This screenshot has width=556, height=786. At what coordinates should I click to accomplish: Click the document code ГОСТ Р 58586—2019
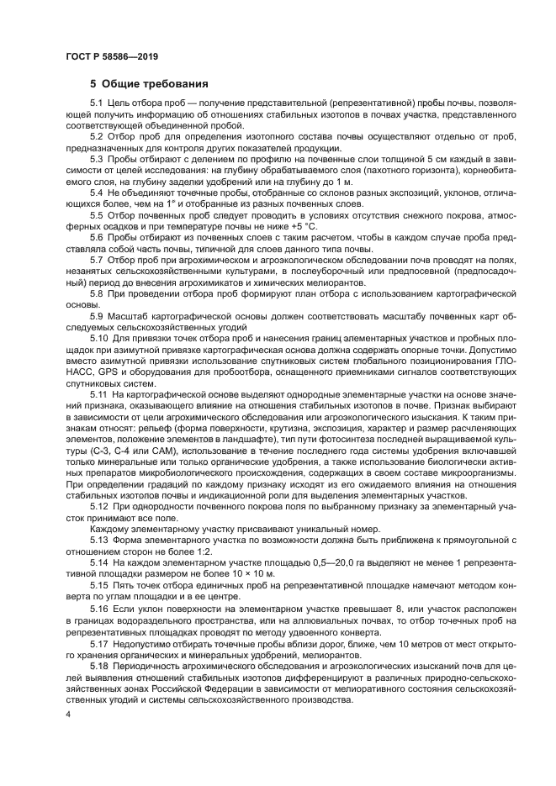[111, 57]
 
